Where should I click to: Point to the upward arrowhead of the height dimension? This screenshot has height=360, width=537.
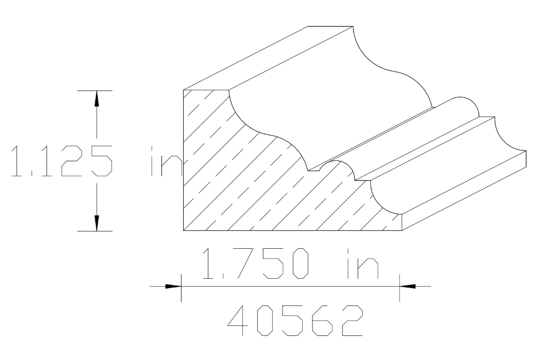pos(96,98)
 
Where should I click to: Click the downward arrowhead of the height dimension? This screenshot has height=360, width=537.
pos(96,222)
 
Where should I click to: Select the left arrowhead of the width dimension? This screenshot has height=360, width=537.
pos(174,286)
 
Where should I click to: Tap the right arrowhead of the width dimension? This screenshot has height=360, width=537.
pos(408,286)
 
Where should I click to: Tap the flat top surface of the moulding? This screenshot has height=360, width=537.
pos(269,57)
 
